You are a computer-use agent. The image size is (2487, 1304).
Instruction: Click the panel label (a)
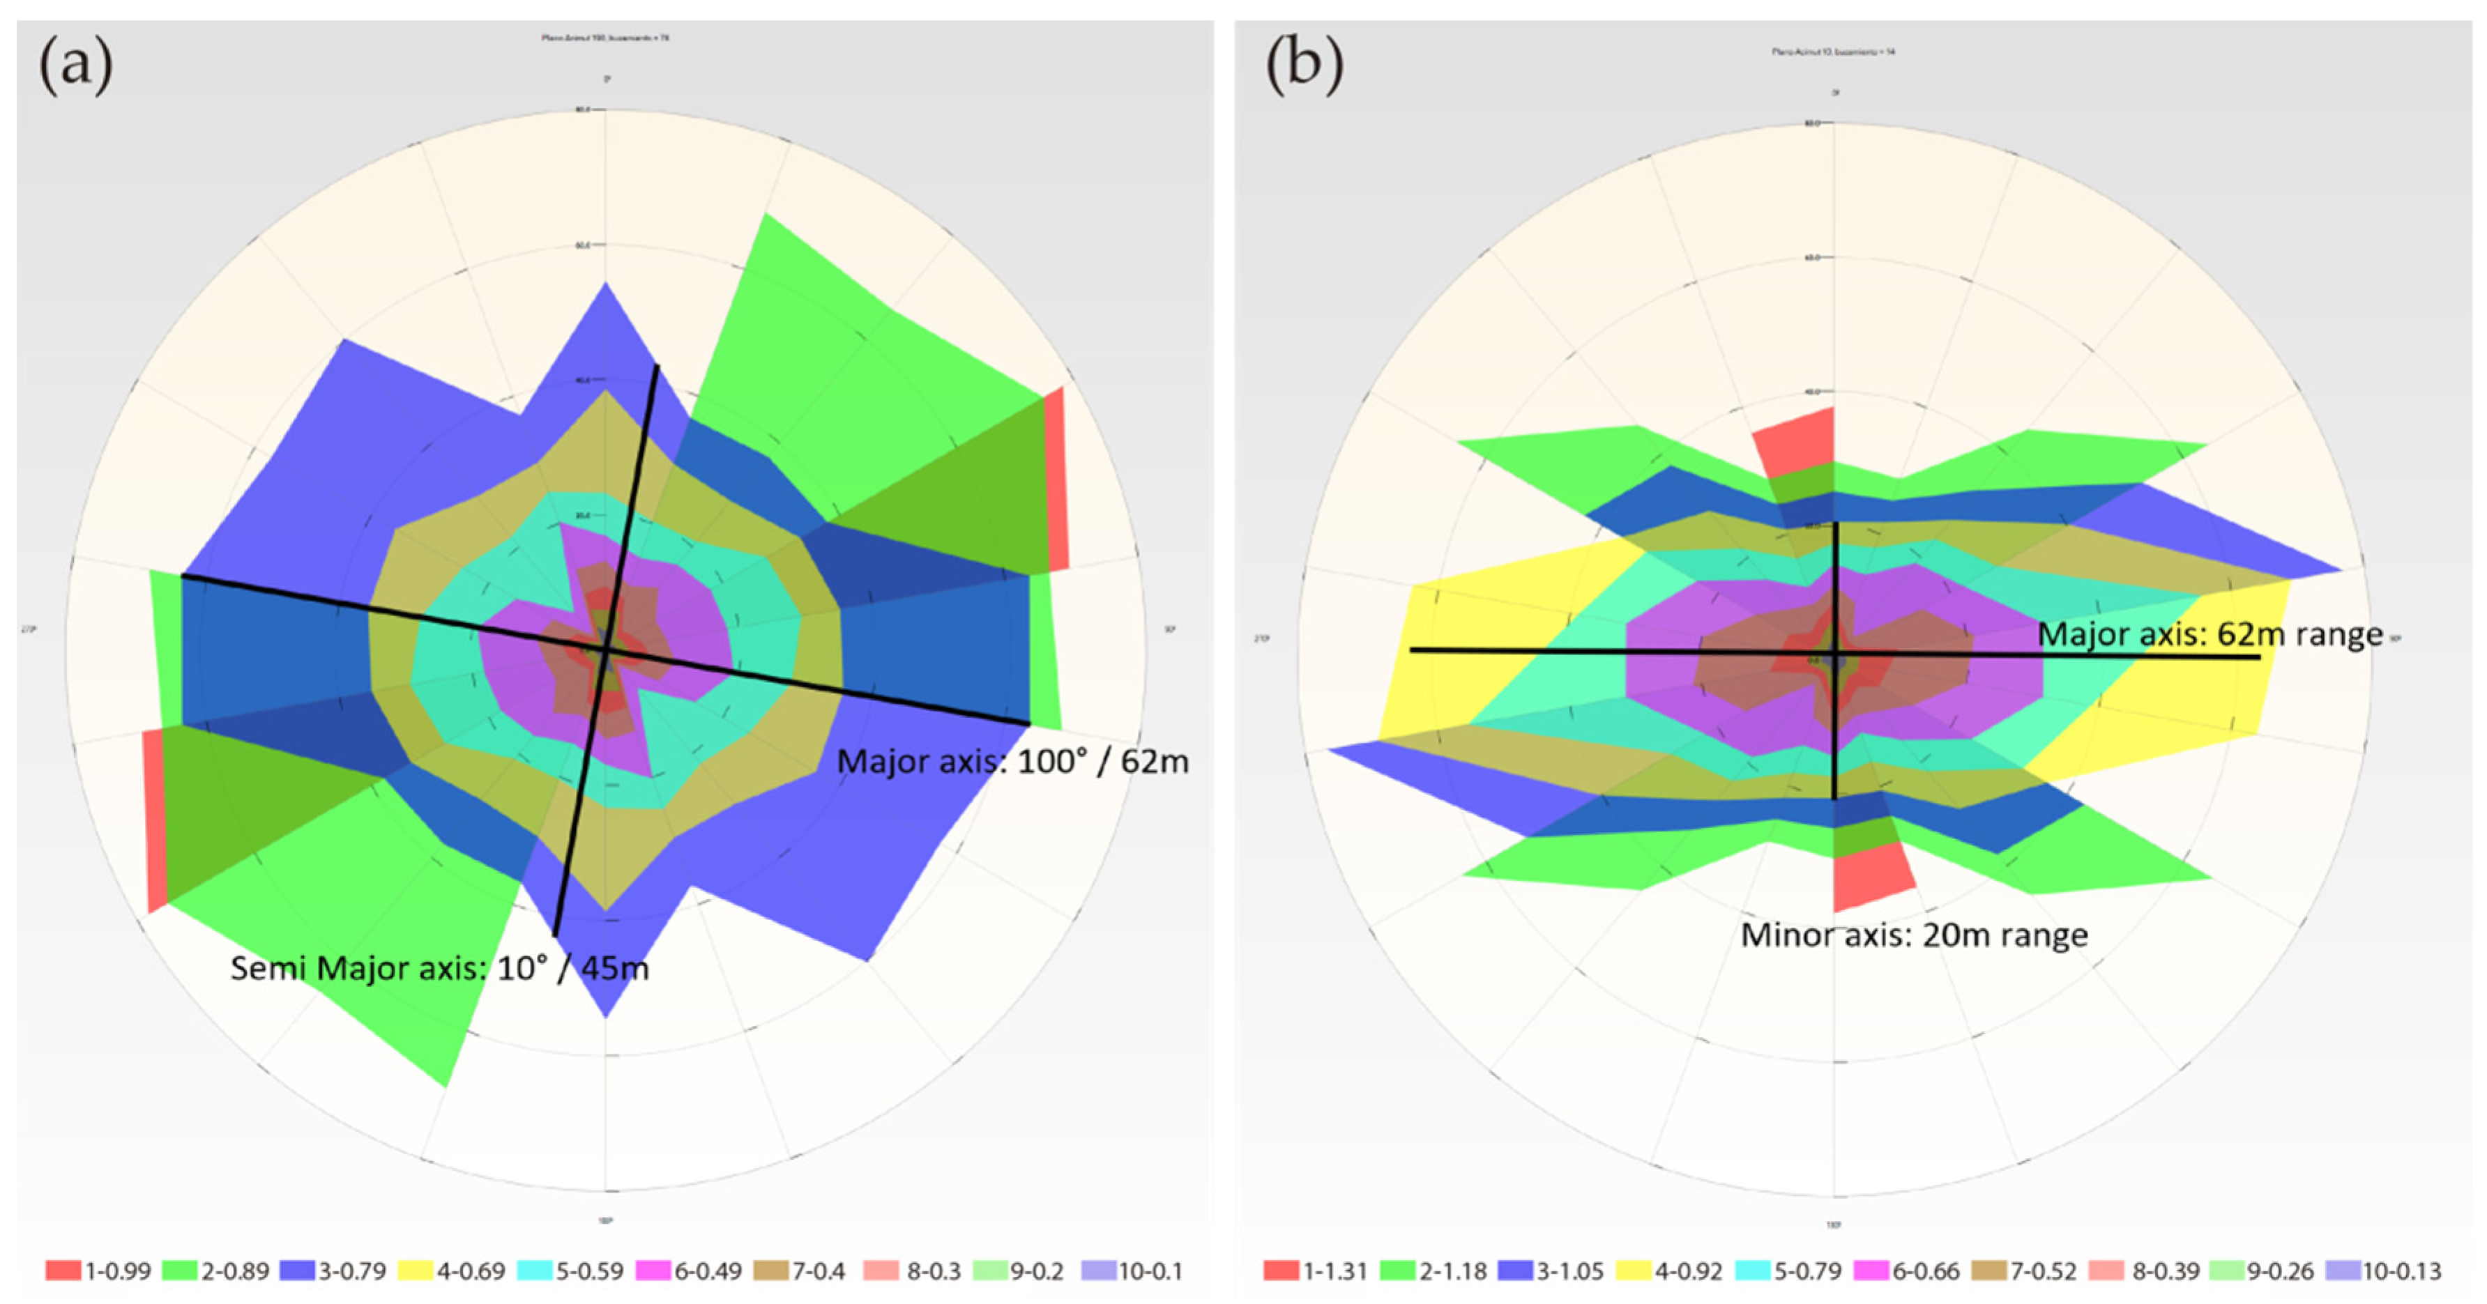[75, 66]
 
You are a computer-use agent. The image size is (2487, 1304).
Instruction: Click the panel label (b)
[1303, 66]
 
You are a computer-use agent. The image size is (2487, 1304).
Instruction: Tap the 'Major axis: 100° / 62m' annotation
[1012, 762]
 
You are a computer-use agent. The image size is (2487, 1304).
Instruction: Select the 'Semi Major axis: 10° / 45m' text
[439, 968]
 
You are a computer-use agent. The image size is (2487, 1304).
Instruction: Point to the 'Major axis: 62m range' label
[2209, 634]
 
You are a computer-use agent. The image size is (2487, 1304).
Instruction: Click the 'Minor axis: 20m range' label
[1913, 935]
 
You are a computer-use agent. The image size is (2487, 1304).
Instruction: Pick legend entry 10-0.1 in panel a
[1132, 1271]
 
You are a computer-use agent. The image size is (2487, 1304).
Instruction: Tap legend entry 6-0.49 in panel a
[690, 1271]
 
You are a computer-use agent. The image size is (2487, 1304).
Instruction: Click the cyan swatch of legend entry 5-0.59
[535, 1271]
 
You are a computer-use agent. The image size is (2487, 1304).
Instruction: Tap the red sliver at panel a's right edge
[1056, 482]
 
